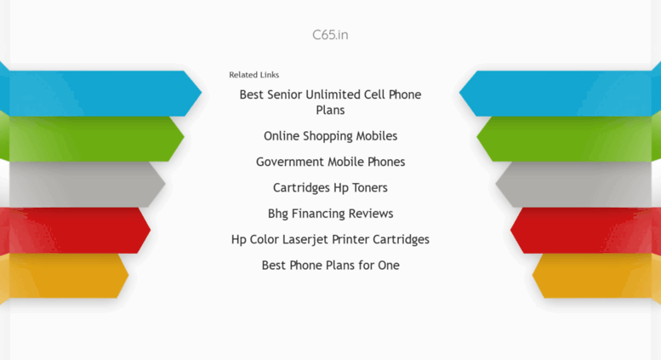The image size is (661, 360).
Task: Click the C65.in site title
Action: click(x=330, y=35)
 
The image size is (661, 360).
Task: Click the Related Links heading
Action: click(x=254, y=75)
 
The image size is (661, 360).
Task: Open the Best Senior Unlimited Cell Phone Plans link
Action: click(x=330, y=102)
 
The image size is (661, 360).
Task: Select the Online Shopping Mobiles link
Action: click(x=330, y=136)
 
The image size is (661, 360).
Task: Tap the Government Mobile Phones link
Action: click(x=330, y=162)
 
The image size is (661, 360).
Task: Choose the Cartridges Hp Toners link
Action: click(x=330, y=187)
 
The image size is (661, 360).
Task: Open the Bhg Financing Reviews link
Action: click(x=330, y=214)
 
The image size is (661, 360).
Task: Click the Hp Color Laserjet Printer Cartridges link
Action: click(x=330, y=239)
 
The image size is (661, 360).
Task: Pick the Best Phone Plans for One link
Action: click(x=330, y=266)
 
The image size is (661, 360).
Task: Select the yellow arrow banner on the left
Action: click(x=64, y=276)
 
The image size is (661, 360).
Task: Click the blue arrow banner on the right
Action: click(x=560, y=93)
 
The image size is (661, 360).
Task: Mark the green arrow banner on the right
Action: click(x=568, y=139)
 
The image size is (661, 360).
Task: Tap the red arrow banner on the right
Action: click(x=585, y=230)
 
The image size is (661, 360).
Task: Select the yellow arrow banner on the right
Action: click(x=596, y=276)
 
